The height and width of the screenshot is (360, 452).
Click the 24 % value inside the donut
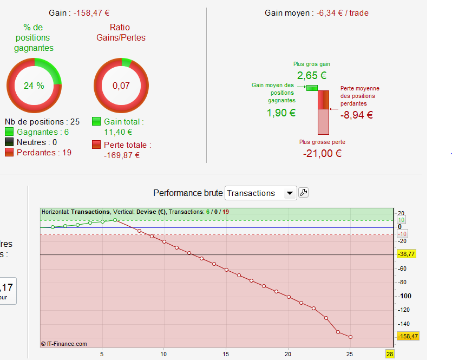34,86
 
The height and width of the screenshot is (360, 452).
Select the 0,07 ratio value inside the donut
121,86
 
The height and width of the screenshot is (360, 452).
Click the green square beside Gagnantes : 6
9,132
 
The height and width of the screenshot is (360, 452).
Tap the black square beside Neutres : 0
9,142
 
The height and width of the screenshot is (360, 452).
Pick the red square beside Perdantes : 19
9,153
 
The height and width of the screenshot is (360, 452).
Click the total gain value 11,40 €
118,132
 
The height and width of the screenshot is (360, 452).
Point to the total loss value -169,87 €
122,155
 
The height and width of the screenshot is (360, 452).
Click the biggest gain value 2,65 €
311,75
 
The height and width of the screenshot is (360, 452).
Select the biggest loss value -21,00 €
322,153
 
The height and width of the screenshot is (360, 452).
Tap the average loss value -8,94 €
356,115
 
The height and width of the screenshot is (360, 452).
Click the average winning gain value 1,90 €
281,113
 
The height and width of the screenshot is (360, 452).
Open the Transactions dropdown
260,193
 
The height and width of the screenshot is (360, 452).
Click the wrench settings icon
304,193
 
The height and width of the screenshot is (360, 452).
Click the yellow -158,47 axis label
408,337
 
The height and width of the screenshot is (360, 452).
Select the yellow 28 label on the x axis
389,354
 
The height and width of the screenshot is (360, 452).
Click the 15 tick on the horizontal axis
226,354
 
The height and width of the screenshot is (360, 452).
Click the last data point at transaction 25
351,337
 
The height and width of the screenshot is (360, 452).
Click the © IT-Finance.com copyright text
64,344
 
